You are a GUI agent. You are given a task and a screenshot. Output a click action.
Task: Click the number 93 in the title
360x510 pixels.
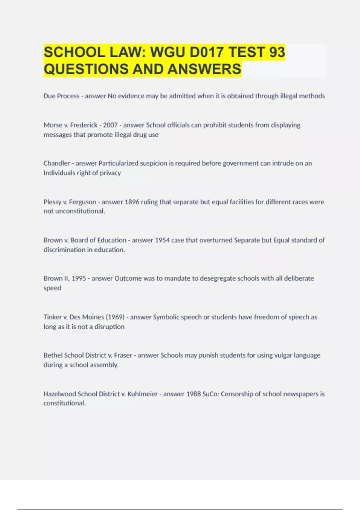(277, 52)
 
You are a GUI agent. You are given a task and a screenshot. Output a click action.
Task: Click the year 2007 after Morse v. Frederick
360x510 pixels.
(110, 125)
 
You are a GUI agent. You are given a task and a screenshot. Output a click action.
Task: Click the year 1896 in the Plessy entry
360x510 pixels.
(132, 202)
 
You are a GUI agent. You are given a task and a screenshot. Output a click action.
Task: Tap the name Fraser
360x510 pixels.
(123, 355)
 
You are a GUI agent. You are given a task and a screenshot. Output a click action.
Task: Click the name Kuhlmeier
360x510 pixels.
(142, 394)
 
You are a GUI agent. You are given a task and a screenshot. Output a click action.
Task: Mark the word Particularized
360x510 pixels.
(118, 163)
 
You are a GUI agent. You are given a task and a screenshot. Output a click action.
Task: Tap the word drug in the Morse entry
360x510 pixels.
(140, 135)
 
